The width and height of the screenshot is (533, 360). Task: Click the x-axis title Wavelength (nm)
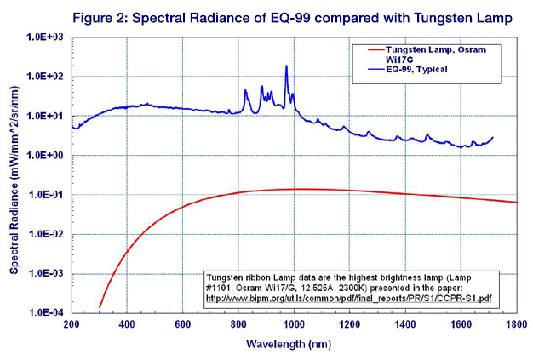click(x=294, y=345)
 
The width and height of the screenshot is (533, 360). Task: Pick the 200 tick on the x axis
click(x=72, y=325)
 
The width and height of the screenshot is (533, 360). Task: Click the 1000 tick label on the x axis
click(x=294, y=325)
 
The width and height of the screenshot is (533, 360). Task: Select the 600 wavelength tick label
click(x=183, y=325)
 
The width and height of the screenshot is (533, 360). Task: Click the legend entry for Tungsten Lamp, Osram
click(x=432, y=53)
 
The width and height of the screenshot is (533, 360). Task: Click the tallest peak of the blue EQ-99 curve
click(x=287, y=66)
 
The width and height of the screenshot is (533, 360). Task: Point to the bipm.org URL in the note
click(x=358, y=299)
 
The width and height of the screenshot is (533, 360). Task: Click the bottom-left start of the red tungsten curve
click(x=100, y=306)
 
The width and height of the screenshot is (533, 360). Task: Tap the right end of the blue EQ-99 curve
click(x=492, y=138)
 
